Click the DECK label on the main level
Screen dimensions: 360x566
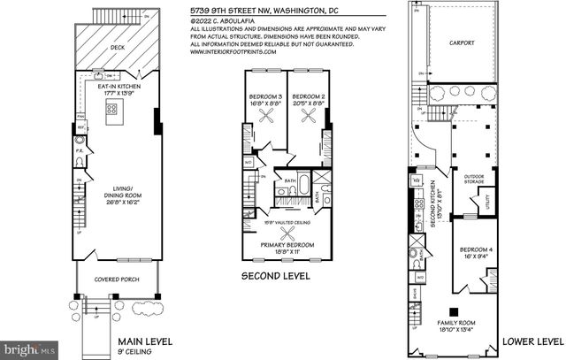tap(116, 49)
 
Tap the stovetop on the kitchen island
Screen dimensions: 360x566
tap(113, 111)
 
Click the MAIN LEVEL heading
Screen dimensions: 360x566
tap(146, 341)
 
